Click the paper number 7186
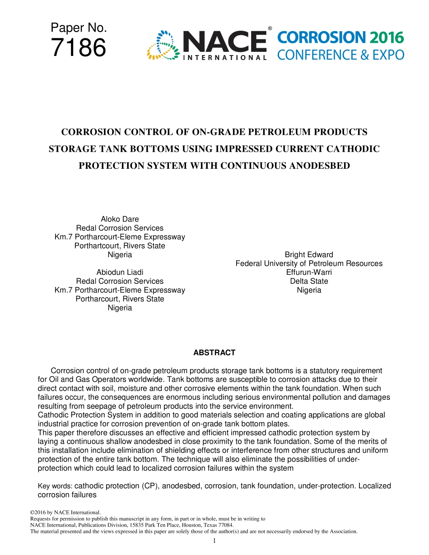pos(79,48)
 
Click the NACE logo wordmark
pos(224,42)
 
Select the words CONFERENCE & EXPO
pos(340,55)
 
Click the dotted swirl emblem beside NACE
pos(163,45)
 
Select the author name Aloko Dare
pos(120,219)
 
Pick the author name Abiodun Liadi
pos(120,272)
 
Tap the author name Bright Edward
pos(309,254)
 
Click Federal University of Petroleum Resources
pos(309,264)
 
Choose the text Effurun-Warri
pos(309,272)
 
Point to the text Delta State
pos(309,281)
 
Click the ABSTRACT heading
pos(214,352)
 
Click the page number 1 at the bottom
pos(214,541)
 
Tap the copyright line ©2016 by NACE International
pos(65,513)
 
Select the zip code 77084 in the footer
pos(224,525)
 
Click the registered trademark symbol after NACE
pos(270,28)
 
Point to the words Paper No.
pos(79,28)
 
